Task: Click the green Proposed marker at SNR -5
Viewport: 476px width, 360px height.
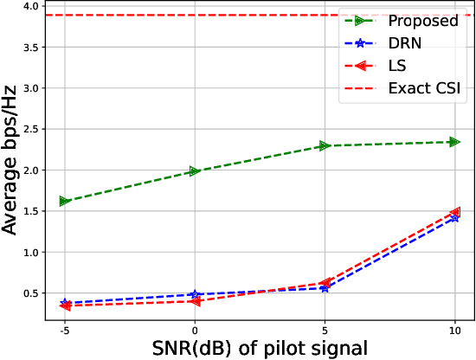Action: [65, 201]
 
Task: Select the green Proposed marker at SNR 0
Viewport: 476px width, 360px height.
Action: [195, 171]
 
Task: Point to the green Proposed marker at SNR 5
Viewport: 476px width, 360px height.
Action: [325, 145]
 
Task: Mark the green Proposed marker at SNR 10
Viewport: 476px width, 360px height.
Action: [454, 142]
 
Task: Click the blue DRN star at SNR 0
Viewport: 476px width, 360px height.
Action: [195, 295]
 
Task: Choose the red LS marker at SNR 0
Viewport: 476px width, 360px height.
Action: [195, 301]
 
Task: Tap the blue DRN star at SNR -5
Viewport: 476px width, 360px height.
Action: [65, 303]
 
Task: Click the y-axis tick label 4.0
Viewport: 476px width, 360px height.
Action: [31, 6]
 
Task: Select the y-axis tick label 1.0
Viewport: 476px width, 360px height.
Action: [31, 253]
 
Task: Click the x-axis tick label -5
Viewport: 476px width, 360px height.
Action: [64, 330]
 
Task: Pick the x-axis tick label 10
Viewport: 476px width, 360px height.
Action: [454, 330]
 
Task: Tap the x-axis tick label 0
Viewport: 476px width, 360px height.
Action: [195, 330]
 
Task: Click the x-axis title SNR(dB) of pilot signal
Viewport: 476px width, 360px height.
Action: [260, 348]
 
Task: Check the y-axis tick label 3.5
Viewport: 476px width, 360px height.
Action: [31, 47]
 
